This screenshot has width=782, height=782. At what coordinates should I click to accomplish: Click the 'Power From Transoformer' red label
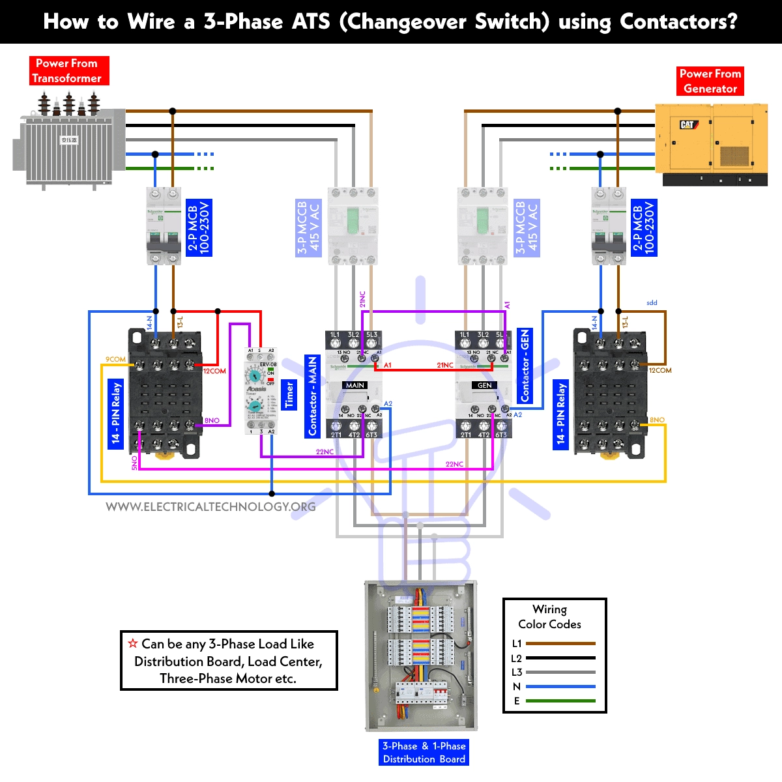tap(68, 70)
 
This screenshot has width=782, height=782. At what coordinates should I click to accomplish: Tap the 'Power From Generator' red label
tap(710, 81)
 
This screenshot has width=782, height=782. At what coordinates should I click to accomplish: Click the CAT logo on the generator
tap(688, 124)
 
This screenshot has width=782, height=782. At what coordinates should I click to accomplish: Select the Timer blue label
tap(289, 395)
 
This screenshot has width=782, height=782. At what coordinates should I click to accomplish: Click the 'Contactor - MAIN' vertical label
tap(313, 396)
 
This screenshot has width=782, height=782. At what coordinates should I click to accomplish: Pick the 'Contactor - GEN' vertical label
tap(525, 366)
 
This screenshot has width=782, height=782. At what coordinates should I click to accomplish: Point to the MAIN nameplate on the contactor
tap(355, 386)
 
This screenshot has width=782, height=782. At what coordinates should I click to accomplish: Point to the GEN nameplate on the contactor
tap(484, 386)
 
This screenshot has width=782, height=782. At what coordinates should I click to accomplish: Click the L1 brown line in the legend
tap(560, 643)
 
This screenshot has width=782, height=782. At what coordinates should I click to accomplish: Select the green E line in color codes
tap(560, 701)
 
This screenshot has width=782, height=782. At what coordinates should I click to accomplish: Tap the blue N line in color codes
tap(560, 686)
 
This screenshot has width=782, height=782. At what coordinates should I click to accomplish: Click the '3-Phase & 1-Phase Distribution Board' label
tap(424, 753)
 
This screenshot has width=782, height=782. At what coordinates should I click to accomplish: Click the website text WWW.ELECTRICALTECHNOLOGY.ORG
tap(210, 507)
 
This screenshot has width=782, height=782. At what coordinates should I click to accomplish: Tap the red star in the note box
tap(133, 643)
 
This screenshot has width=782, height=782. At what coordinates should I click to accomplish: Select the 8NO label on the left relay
tap(212, 420)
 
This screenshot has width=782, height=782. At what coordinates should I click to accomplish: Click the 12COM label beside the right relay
tap(659, 370)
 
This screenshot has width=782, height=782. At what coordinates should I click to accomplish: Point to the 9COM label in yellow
tap(115, 359)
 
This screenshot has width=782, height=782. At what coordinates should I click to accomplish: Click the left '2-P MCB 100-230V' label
tap(199, 227)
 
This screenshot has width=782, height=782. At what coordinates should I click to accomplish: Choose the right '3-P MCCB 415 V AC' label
tap(527, 227)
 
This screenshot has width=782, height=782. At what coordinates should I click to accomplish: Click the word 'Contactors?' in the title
tap(678, 22)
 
